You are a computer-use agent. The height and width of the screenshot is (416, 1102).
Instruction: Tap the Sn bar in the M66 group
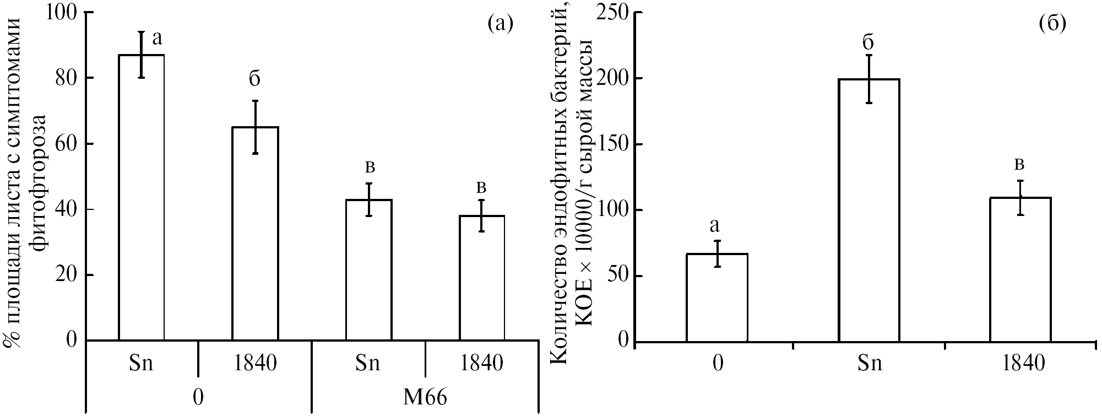(x=368, y=269)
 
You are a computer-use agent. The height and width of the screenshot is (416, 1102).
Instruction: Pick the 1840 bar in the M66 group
(x=481, y=278)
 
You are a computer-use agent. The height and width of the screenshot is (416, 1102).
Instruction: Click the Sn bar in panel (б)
(x=869, y=210)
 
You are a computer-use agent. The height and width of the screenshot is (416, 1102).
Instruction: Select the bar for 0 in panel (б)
(x=717, y=297)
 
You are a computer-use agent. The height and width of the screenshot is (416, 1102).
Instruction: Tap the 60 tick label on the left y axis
(x=67, y=143)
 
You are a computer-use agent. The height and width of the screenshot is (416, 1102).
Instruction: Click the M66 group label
(x=425, y=398)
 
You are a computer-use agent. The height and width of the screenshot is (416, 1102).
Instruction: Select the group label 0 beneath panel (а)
(x=198, y=398)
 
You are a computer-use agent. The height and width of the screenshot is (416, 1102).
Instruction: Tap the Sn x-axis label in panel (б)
(x=870, y=364)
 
